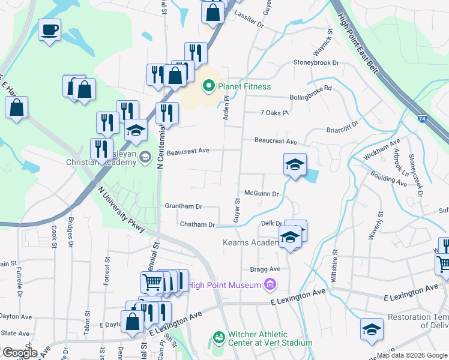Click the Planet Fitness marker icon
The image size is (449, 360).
click(x=209, y=86)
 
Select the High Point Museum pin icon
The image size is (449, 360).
click(x=270, y=284)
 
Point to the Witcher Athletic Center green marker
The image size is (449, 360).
click(x=219, y=338)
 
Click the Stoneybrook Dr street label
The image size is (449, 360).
click(x=316, y=62)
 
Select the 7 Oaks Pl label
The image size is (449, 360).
click(x=275, y=112)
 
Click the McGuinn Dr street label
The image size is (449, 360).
click(x=261, y=194)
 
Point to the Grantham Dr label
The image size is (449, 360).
click(x=183, y=206)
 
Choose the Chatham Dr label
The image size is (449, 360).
click(x=197, y=224)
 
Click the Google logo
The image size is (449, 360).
click(x=20, y=353)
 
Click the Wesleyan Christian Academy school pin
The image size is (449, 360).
click(x=145, y=157)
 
